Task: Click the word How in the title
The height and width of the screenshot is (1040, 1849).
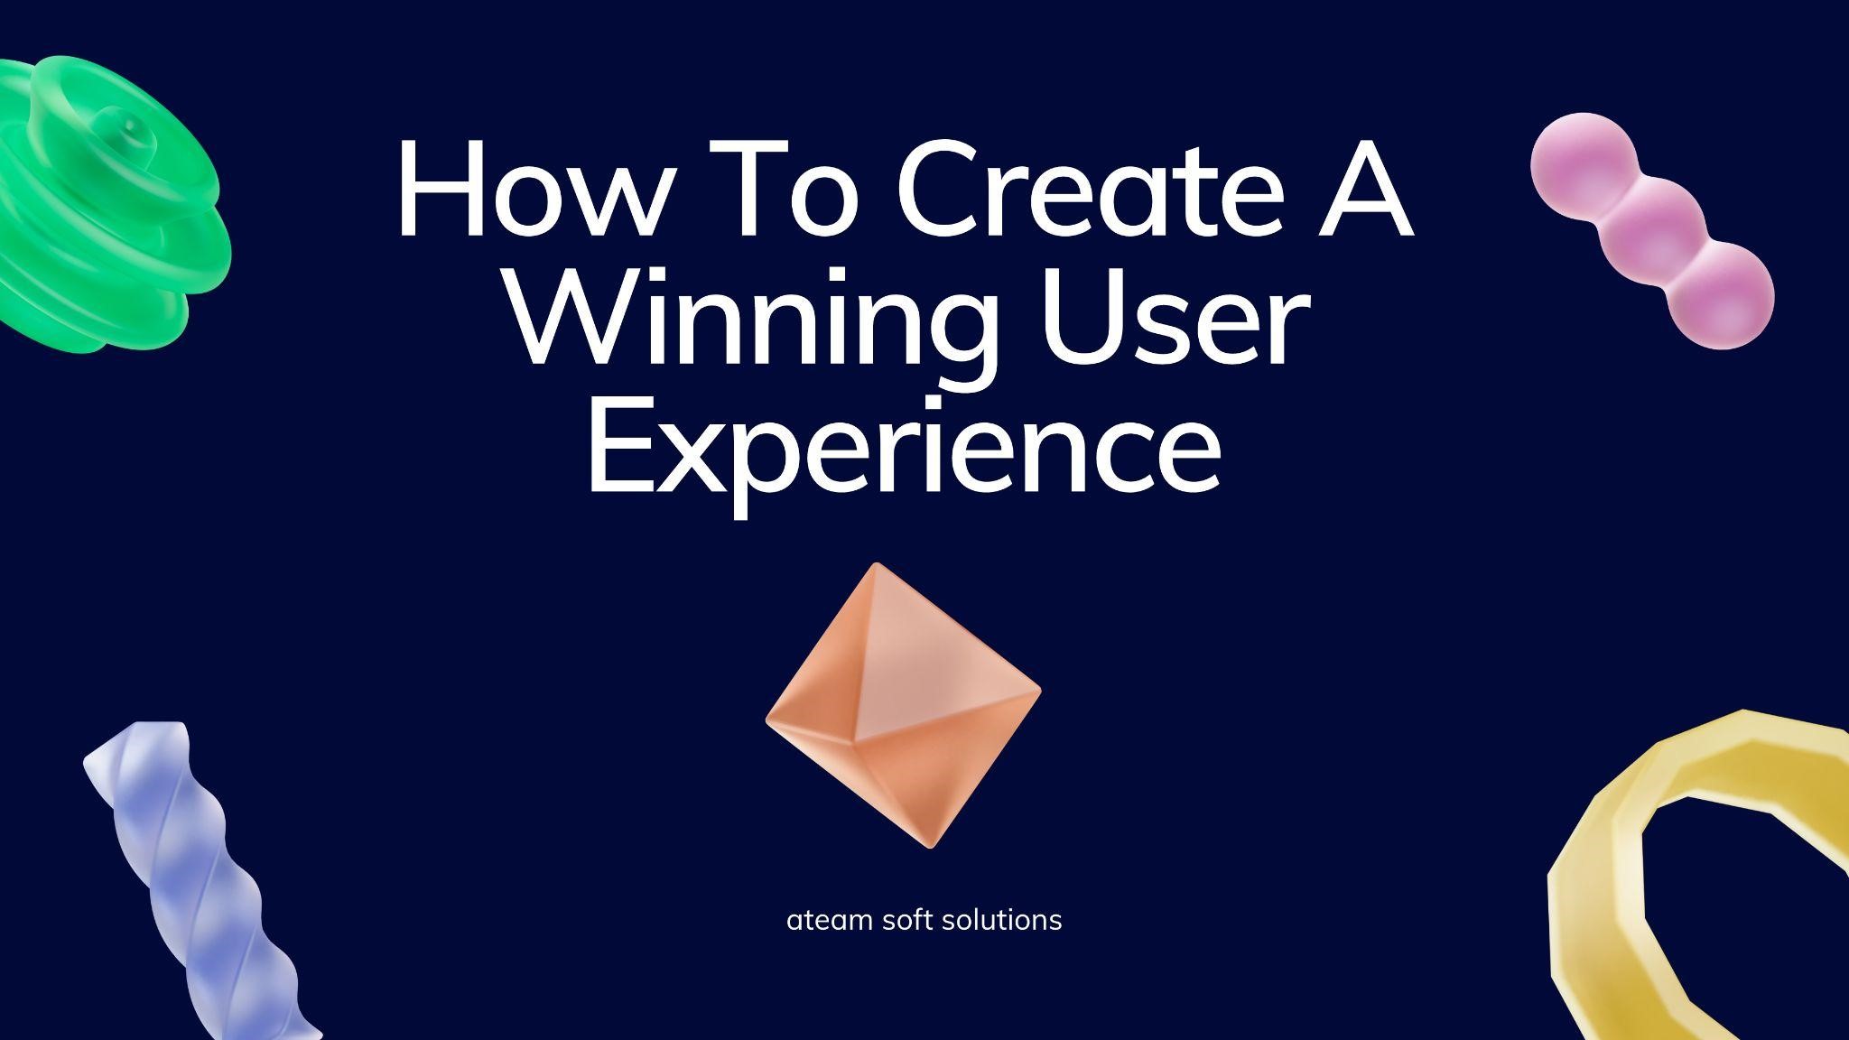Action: point(524,190)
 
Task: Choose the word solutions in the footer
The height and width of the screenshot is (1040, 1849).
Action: point(1001,921)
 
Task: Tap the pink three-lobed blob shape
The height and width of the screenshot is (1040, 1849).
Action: point(1652,230)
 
